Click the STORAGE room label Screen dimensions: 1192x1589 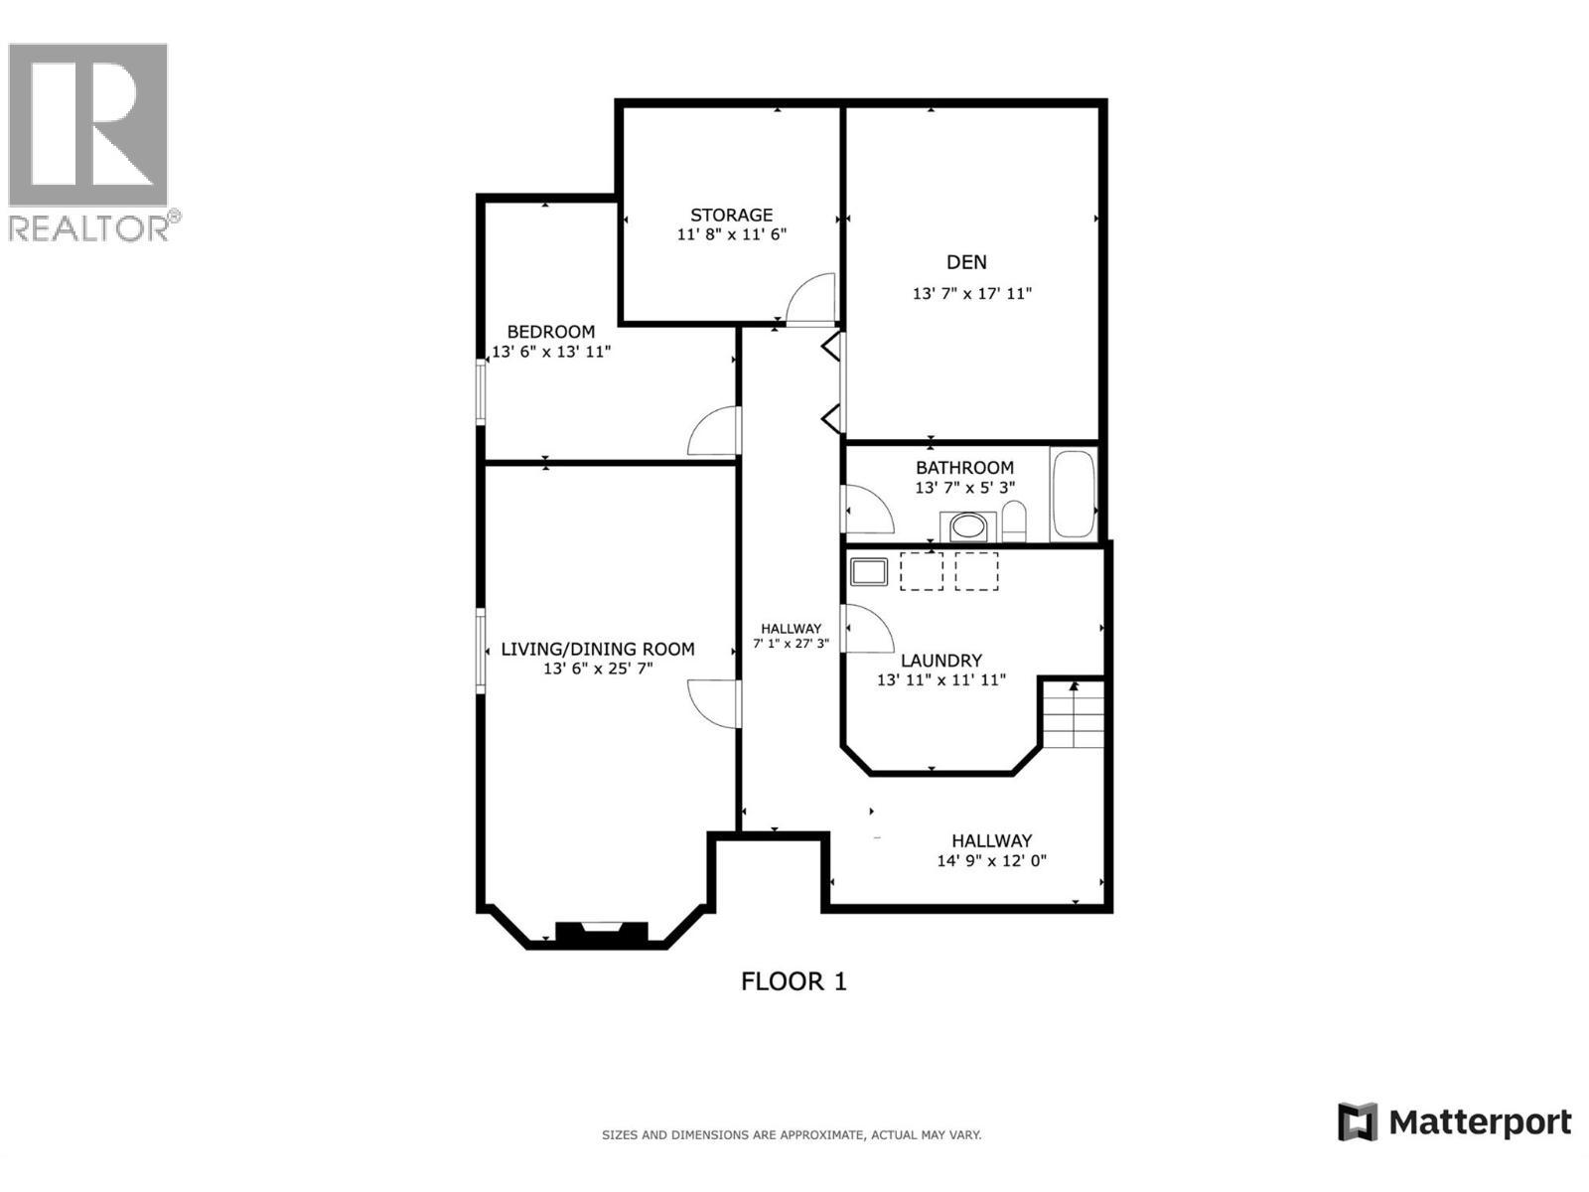tap(731, 215)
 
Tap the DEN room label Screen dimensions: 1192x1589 tap(966, 262)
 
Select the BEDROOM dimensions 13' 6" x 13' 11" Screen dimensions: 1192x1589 tap(551, 352)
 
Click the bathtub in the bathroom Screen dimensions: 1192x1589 tap(1073, 494)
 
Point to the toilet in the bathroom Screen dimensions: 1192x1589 tap(1013, 521)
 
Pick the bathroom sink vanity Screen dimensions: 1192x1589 tap(968, 526)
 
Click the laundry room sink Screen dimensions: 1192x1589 tap(868, 571)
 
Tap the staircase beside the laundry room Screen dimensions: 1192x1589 tap(1074, 714)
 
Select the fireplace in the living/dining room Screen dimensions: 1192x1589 tap(601, 932)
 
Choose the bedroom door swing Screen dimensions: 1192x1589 tap(715, 432)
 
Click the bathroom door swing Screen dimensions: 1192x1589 tap(866, 509)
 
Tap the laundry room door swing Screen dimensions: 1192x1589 tap(866, 629)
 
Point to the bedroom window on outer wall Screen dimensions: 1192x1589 tap(481, 392)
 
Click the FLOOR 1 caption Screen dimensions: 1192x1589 tap(794, 981)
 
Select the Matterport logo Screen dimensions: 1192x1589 tap(1454, 1122)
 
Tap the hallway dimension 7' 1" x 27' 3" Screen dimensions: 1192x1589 tap(791, 644)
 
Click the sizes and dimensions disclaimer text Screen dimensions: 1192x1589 tap(792, 1134)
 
